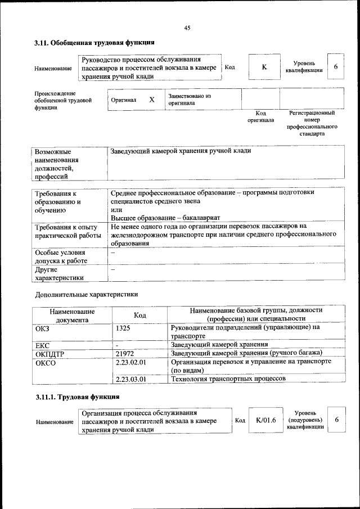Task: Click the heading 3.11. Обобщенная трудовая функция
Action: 94,43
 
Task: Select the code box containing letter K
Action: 264,67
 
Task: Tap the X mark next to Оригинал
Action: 151,100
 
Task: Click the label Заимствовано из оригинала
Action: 189,100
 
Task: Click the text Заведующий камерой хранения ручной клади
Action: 181,151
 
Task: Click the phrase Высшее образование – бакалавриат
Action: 165,218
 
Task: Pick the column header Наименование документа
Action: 72,315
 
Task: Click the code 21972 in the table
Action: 125,353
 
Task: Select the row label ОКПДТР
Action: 51,354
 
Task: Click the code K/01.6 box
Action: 265,420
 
